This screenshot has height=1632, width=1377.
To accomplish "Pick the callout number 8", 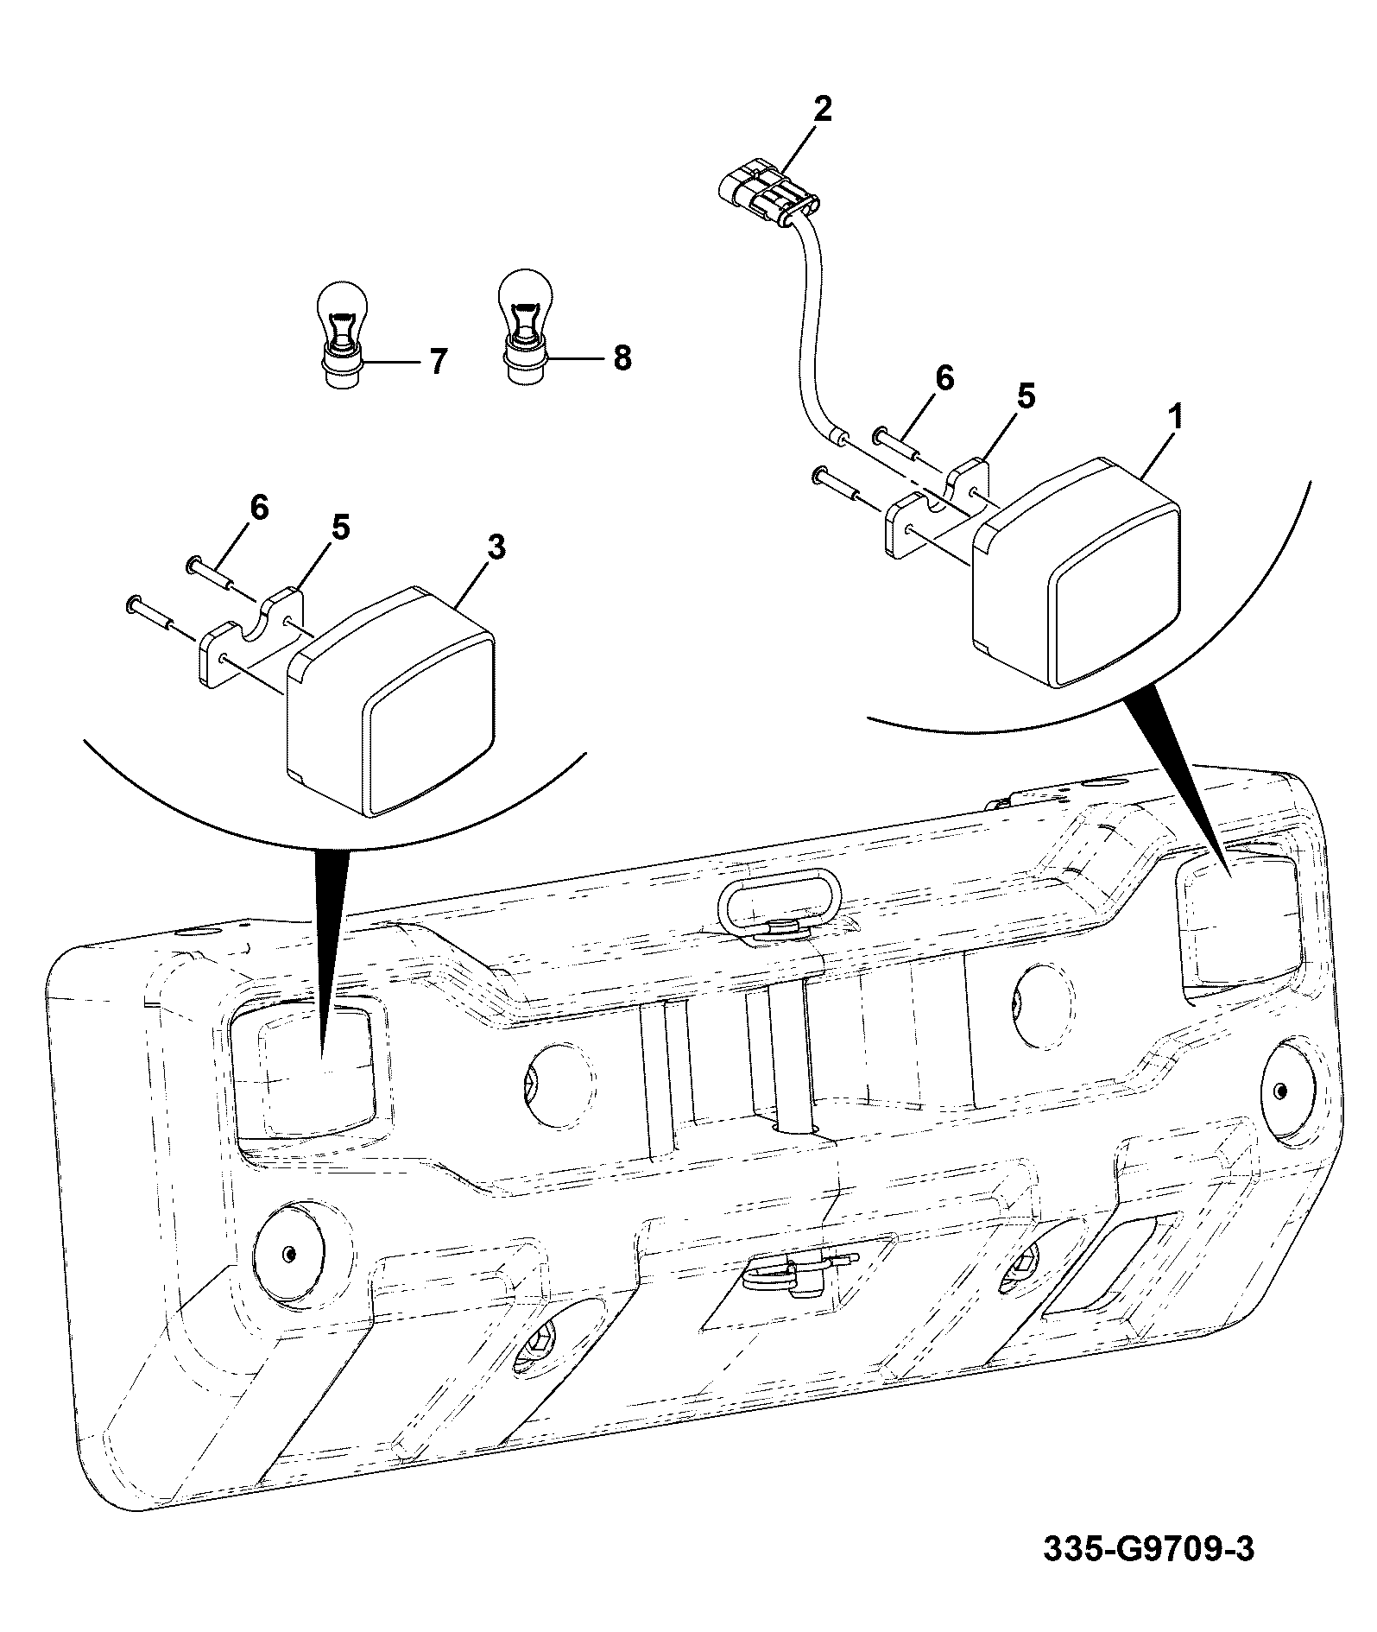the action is (x=622, y=357).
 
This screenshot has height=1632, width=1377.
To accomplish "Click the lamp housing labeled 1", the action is (x=1077, y=572).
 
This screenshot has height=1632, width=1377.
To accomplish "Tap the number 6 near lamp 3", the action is (x=259, y=507).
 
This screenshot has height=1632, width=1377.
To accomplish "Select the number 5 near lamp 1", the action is (x=1025, y=396).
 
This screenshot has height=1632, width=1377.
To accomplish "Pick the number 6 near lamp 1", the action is (x=944, y=377).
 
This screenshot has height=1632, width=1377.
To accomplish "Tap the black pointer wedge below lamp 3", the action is (x=332, y=950).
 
